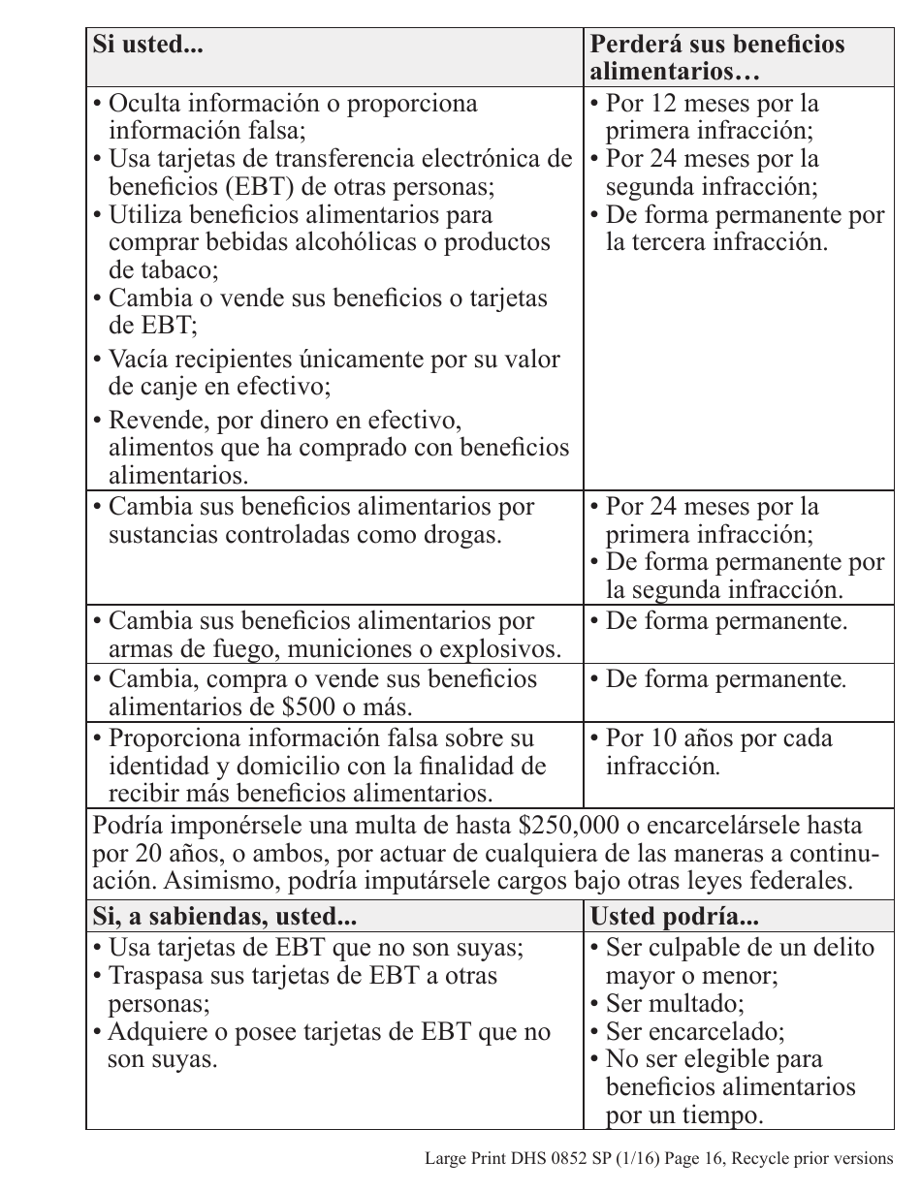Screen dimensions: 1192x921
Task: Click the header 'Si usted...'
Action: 147,46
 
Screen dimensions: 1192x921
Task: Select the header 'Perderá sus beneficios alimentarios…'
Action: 717,58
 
